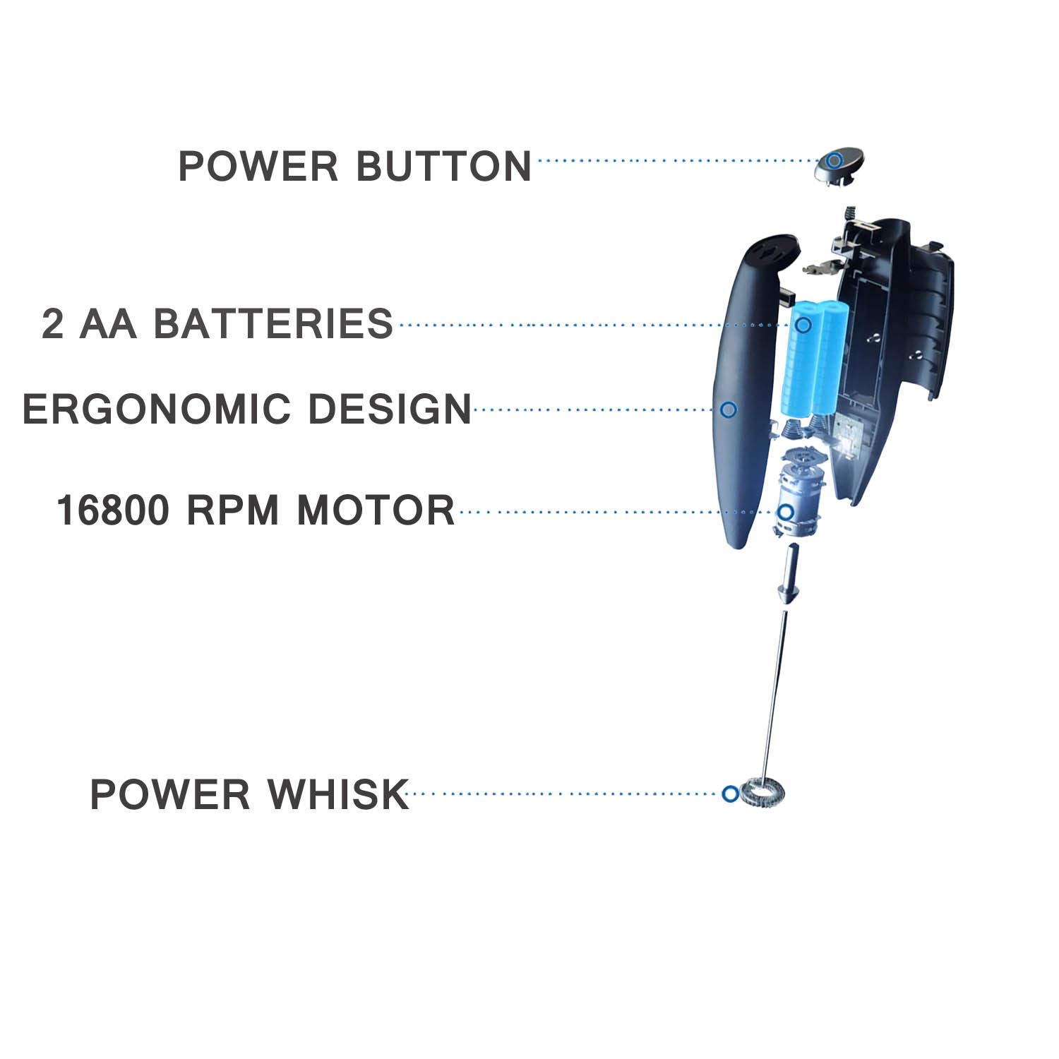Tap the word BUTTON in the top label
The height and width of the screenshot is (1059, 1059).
(443, 166)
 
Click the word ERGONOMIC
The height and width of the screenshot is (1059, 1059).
(157, 409)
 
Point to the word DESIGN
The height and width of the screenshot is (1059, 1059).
(390, 409)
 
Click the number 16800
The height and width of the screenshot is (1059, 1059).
(113, 510)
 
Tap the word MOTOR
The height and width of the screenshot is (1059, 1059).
(376, 510)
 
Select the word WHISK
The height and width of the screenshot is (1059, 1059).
(337, 794)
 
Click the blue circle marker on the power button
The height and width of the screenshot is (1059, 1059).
(834, 160)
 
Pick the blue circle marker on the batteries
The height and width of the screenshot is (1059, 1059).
(803, 324)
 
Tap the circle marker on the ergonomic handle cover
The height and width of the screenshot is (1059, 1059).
(729, 409)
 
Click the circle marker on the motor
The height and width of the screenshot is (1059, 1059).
(785, 512)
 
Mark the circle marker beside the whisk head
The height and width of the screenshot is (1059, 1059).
(731, 794)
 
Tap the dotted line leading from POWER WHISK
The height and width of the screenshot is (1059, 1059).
(565, 794)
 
